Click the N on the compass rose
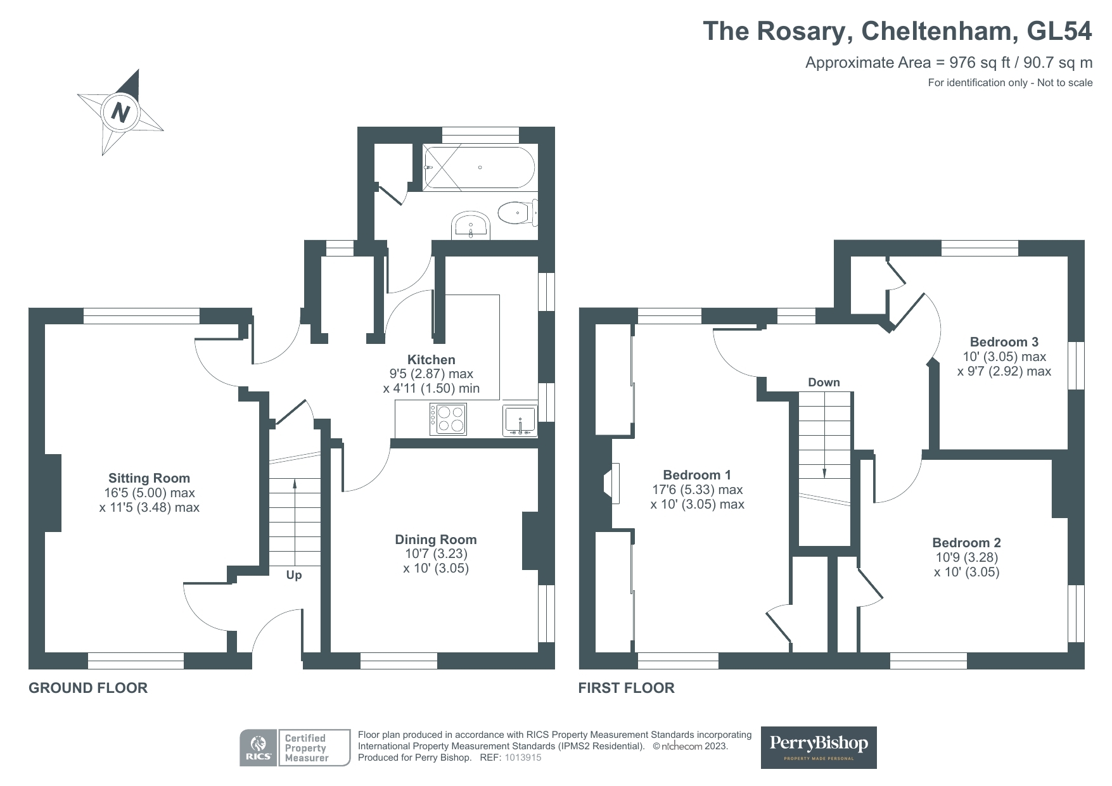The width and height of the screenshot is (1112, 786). click(x=120, y=113)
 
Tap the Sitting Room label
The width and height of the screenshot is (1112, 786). click(x=149, y=478)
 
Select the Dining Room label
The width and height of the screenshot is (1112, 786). click(x=435, y=540)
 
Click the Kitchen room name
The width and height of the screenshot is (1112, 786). click(x=431, y=360)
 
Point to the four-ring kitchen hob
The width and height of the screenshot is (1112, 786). click(x=448, y=419)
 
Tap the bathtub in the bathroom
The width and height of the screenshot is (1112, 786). click(x=479, y=167)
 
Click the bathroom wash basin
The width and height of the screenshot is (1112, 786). click(x=471, y=225)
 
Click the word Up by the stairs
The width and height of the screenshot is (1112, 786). click(x=294, y=575)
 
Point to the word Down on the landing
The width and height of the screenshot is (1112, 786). click(x=824, y=383)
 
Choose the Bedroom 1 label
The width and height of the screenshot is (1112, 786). click(x=697, y=475)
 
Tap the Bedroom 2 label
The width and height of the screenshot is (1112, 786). click(x=966, y=543)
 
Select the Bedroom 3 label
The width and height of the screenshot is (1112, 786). click(x=1004, y=342)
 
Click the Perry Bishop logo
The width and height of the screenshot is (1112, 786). click(x=818, y=747)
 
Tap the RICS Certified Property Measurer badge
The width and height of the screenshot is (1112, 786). click(x=295, y=747)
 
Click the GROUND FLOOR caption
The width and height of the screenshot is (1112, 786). click(x=88, y=688)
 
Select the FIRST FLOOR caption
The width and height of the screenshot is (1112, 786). click(x=626, y=688)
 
